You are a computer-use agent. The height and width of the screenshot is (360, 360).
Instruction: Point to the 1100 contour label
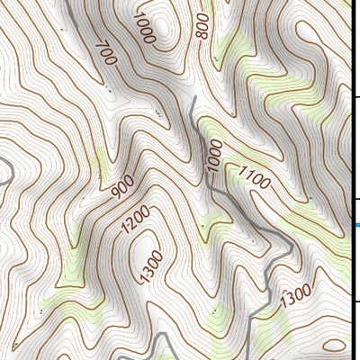point(255,177)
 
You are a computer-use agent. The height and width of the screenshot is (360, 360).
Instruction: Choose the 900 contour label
point(122,187)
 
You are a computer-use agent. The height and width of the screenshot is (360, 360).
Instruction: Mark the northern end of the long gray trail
point(193,98)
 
